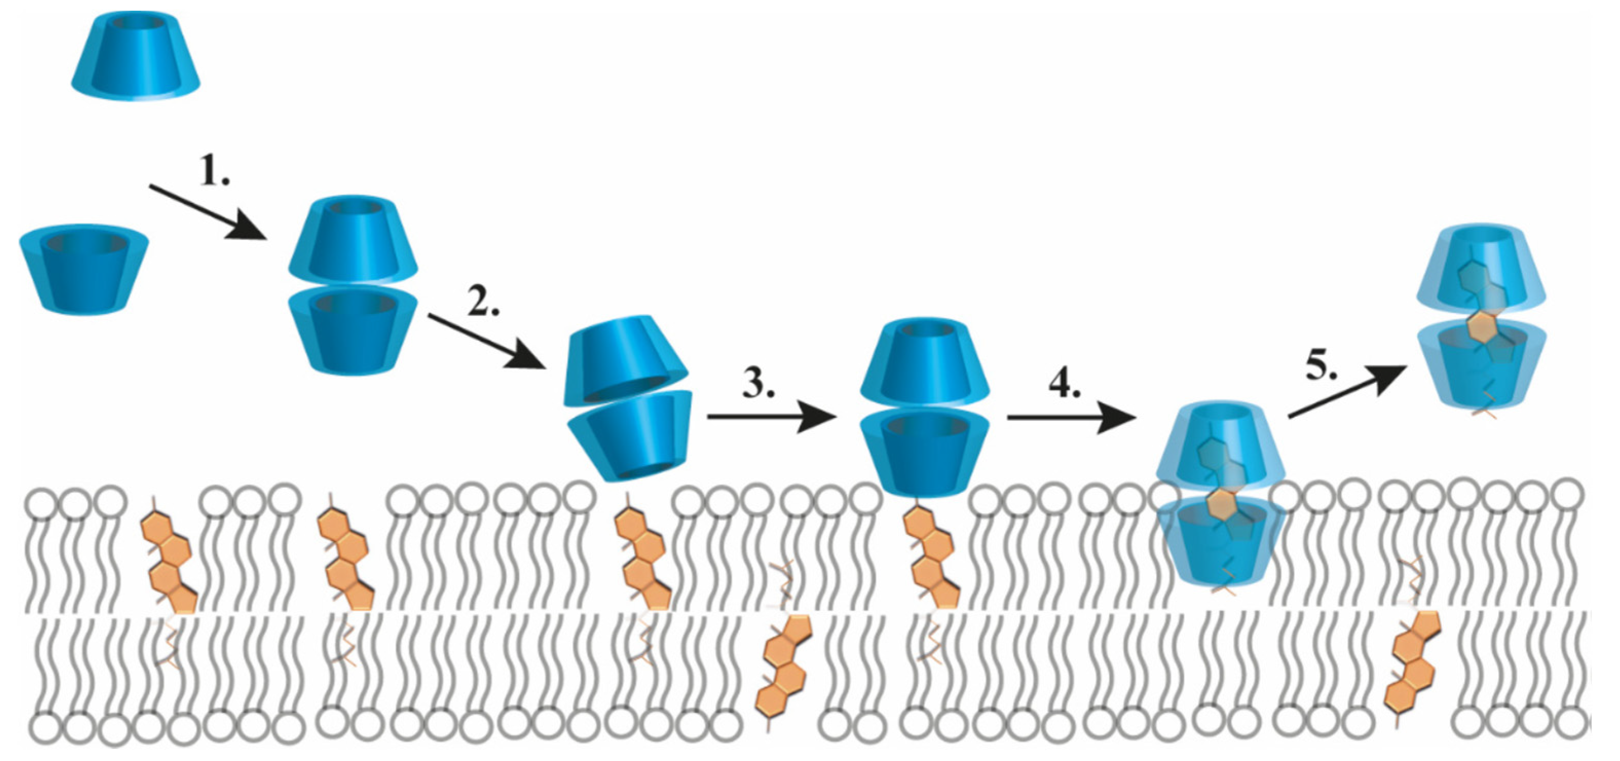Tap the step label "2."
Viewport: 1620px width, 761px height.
(482, 301)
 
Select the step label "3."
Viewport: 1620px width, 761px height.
(759, 382)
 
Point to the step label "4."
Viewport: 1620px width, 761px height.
(1064, 382)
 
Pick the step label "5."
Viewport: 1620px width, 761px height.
(1321, 365)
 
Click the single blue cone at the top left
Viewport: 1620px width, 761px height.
(136, 57)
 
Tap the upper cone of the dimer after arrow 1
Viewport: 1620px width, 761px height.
(353, 239)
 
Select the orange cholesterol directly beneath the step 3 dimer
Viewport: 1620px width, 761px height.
(931, 560)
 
